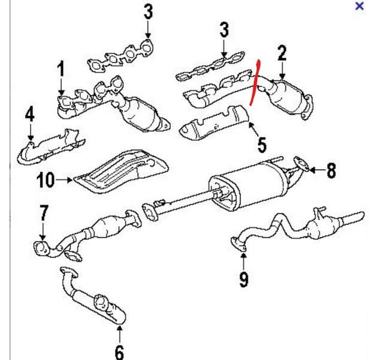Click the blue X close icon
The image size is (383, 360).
[359, 6]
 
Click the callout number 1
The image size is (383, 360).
[61, 69]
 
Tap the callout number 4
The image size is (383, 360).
[30, 115]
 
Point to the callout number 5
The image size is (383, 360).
[262, 145]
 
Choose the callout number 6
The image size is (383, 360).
[119, 352]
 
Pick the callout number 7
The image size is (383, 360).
[44, 213]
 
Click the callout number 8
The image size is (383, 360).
[331, 170]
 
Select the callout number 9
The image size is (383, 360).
[243, 279]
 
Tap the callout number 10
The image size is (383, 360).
[46, 180]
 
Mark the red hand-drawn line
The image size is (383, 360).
[255, 82]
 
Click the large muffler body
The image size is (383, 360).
[248, 186]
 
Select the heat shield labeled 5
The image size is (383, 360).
[214, 122]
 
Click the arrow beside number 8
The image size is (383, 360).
[316, 169]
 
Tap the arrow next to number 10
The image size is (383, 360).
[64, 180]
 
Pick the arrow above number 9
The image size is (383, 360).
[243, 262]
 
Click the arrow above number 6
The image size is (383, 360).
[119, 334]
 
